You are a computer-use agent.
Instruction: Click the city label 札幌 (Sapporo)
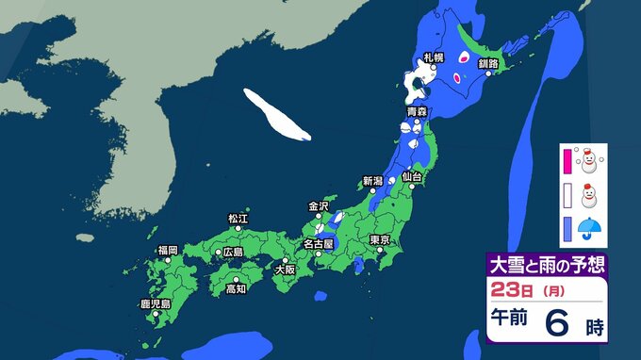click(x=435, y=58)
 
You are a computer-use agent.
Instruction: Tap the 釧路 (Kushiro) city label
click(x=487, y=63)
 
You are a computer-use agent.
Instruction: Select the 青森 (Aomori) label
click(x=417, y=112)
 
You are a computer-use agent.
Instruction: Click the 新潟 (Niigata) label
click(x=372, y=181)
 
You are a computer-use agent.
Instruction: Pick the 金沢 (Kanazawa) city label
click(x=318, y=205)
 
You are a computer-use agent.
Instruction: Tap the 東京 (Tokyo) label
click(x=381, y=239)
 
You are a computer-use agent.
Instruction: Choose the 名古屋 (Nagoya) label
click(x=317, y=245)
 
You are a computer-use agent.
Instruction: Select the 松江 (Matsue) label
click(x=238, y=219)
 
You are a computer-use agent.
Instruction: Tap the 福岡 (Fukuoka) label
click(x=168, y=250)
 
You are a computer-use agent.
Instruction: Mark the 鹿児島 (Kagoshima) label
click(x=155, y=304)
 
